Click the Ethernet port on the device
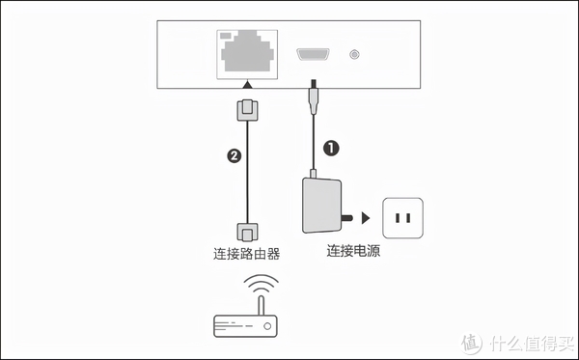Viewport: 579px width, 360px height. click(247, 53)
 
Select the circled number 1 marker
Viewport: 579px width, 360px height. click(330, 149)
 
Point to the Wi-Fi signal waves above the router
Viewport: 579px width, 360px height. click(259, 286)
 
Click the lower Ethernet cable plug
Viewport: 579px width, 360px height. click(247, 231)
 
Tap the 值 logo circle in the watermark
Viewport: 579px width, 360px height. click(469, 344)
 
